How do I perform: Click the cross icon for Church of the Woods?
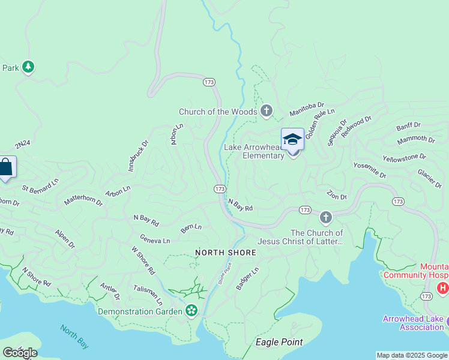(x=267, y=111)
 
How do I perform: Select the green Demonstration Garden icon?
(x=191, y=311)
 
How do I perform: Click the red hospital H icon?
(x=443, y=289)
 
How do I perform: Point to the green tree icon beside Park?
(x=28, y=67)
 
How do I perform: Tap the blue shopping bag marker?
(x=6, y=167)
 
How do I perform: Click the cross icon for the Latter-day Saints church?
(x=325, y=217)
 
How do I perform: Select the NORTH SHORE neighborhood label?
(x=226, y=253)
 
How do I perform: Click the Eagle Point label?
(x=279, y=342)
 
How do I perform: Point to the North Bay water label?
(x=74, y=336)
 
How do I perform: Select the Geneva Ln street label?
(x=155, y=240)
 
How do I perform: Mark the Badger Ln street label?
(x=247, y=278)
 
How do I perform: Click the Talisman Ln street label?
(x=148, y=295)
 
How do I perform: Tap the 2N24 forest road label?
(x=22, y=144)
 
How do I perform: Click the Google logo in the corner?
(x=19, y=352)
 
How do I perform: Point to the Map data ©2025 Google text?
(x=411, y=355)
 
